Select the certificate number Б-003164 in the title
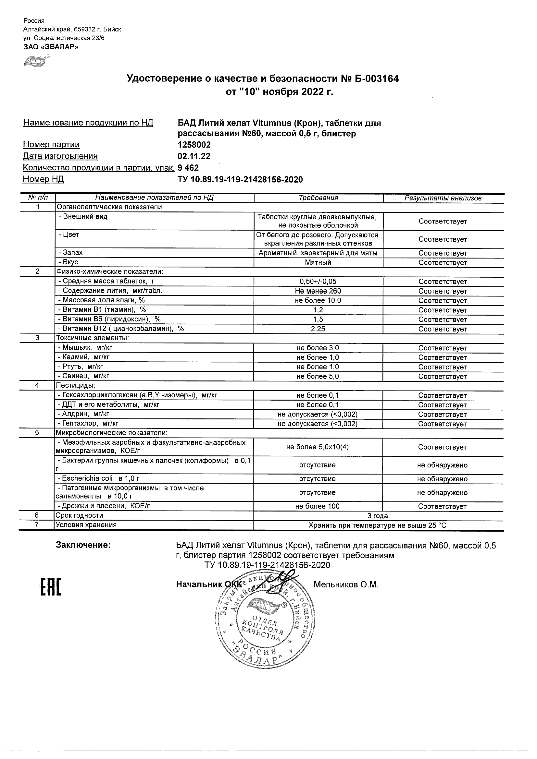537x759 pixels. [x=374, y=79]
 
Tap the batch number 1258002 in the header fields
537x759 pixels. [x=194, y=145]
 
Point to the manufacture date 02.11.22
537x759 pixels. [x=194, y=156]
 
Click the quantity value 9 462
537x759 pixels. [x=188, y=168]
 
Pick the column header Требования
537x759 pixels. [x=318, y=198]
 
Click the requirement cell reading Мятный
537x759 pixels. [x=318, y=262]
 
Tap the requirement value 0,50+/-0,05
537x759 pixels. [x=318, y=282]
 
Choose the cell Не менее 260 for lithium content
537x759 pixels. [x=318, y=291]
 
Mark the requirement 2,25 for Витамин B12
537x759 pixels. [x=318, y=329]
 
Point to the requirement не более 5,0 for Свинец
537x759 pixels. [x=318, y=376]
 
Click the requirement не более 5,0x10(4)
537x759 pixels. [x=317, y=447]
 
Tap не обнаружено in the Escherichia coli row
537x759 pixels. [x=443, y=479]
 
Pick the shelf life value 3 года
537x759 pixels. [x=378, y=516]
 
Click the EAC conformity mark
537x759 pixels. [x=51, y=587]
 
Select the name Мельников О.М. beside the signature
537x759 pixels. [x=346, y=585]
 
